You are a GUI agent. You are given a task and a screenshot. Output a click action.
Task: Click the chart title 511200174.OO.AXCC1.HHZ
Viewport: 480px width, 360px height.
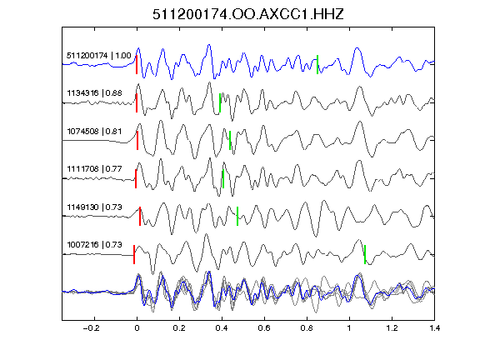[x=248, y=14]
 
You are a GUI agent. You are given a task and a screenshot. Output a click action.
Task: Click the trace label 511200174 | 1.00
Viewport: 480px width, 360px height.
[x=99, y=55]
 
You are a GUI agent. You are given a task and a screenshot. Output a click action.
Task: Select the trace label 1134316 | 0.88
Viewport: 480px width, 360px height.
[x=95, y=92]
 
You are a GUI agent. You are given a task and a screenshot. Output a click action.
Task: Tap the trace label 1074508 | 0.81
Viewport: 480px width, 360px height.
[x=95, y=132]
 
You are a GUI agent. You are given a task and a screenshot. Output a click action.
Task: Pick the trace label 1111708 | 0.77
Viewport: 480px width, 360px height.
[x=95, y=168]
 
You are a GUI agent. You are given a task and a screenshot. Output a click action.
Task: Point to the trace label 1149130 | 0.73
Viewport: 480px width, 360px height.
[x=95, y=207]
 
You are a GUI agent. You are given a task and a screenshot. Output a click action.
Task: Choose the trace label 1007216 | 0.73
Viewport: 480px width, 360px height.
[x=95, y=245]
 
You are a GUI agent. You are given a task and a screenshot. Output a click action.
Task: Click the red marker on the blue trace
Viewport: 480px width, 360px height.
[x=137, y=65]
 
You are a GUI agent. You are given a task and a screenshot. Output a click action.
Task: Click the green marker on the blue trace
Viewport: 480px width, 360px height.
[x=317, y=65]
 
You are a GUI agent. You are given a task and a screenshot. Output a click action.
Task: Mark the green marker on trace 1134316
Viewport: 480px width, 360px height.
[x=220, y=102]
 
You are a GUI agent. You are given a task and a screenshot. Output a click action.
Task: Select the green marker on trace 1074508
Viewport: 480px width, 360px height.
[x=230, y=141]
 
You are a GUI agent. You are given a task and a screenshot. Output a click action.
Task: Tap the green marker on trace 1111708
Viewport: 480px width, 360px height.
[x=223, y=179]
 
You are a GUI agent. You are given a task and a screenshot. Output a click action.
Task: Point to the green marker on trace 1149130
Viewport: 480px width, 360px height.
[x=237, y=216]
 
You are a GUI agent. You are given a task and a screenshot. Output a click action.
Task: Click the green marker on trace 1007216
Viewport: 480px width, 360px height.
[x=365, y=254]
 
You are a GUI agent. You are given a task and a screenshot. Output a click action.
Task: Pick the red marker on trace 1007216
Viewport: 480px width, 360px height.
[x=134, y=254]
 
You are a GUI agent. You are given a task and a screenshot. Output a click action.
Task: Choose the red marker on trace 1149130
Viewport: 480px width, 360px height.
[x=140, y=216]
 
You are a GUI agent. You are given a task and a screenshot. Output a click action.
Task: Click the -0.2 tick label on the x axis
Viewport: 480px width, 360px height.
[x=92, y=328]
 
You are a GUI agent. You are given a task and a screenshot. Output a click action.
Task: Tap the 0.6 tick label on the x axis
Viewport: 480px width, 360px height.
[x=264, y=328]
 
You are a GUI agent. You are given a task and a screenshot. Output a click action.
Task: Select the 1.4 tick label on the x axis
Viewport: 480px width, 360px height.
[x=435, y=328]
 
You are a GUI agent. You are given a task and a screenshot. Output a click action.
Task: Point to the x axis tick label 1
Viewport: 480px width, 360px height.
[x=349, y=328]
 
